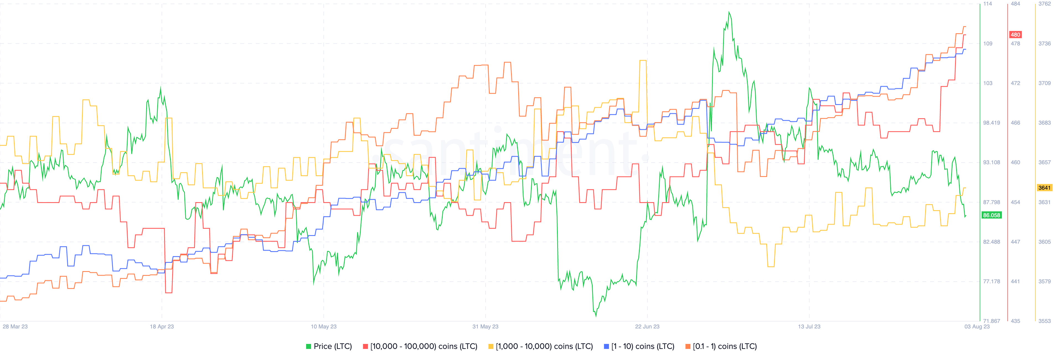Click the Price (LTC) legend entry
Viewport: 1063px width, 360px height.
329,346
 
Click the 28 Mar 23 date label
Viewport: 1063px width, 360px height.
15,326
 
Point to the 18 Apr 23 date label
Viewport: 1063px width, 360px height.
162,326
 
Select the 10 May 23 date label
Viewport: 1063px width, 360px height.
324,326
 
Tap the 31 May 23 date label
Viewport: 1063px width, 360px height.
485,326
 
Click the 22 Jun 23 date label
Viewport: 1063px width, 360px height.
647,326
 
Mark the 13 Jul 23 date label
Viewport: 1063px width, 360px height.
809,326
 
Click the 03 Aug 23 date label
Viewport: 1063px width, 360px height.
977,326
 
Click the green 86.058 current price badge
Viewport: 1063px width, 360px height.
991,215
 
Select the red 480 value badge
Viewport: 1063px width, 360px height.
1015,35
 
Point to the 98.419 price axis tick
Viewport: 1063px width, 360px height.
991,123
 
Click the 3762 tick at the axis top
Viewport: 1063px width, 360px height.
1044,4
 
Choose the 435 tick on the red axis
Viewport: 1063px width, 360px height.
1015,321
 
